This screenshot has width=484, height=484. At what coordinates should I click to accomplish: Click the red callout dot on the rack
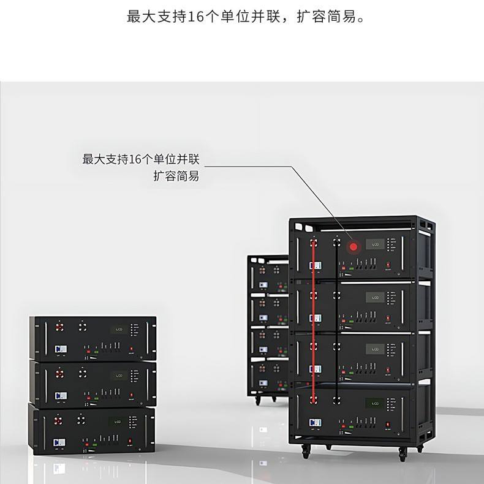pos(353,247)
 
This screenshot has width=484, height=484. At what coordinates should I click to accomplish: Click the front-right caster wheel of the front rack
pos(402,456)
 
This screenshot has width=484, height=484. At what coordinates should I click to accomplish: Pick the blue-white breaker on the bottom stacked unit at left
pos(59,441)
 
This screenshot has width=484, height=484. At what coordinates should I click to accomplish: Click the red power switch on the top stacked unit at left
pos(130,349)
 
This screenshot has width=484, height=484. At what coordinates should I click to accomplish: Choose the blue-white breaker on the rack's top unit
pos(314,266)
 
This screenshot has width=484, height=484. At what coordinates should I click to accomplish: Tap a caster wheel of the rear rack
pos(257,399)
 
